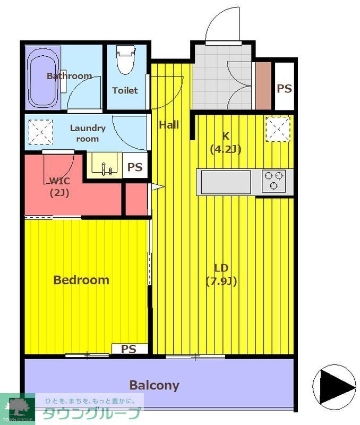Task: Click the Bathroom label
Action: point(70,76)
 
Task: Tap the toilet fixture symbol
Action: point(125,59)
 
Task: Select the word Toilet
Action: point(125,90)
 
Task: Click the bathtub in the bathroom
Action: point(44,78)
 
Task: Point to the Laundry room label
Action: point(88,133)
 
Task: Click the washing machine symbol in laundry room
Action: point(41,132)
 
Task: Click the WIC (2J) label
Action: point(59,187)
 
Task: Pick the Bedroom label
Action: point(81,280)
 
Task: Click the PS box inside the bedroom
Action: point(130,348)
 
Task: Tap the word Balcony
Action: point(154,385)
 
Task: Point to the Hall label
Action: point(169,125)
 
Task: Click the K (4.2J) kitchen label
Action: point(226,142)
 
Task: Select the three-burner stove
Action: point(273,180)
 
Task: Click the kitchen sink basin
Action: point(226,182)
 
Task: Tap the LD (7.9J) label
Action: point(221,275)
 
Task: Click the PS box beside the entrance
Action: point(285,86)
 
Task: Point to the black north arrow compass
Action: point(335,387)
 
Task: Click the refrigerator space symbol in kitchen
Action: point(278,129)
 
